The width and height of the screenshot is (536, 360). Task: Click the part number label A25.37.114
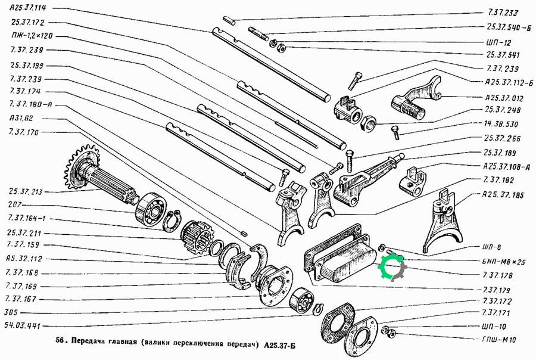[27, 8]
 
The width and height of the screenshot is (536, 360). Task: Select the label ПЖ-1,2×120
[32, 36]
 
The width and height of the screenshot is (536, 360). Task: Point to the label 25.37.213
[26, 192]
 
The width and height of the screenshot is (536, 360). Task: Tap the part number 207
[15, 204]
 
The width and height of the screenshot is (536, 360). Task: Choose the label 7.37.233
[503, 13]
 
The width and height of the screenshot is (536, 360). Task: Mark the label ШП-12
[498, 42]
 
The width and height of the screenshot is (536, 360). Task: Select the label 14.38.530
[501, 124]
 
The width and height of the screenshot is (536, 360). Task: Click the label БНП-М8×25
[503, 262]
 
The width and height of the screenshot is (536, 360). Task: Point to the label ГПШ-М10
[499, 340]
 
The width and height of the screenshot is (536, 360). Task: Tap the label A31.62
[21, 118]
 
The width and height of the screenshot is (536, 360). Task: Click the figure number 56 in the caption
[60, 343]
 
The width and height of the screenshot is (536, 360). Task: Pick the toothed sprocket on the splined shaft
[82, 167]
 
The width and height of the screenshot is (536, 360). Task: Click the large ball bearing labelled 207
[151, 209]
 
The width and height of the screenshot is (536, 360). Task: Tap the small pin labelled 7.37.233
[229, 20]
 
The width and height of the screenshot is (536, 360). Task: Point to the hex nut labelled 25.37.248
[368, 123]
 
